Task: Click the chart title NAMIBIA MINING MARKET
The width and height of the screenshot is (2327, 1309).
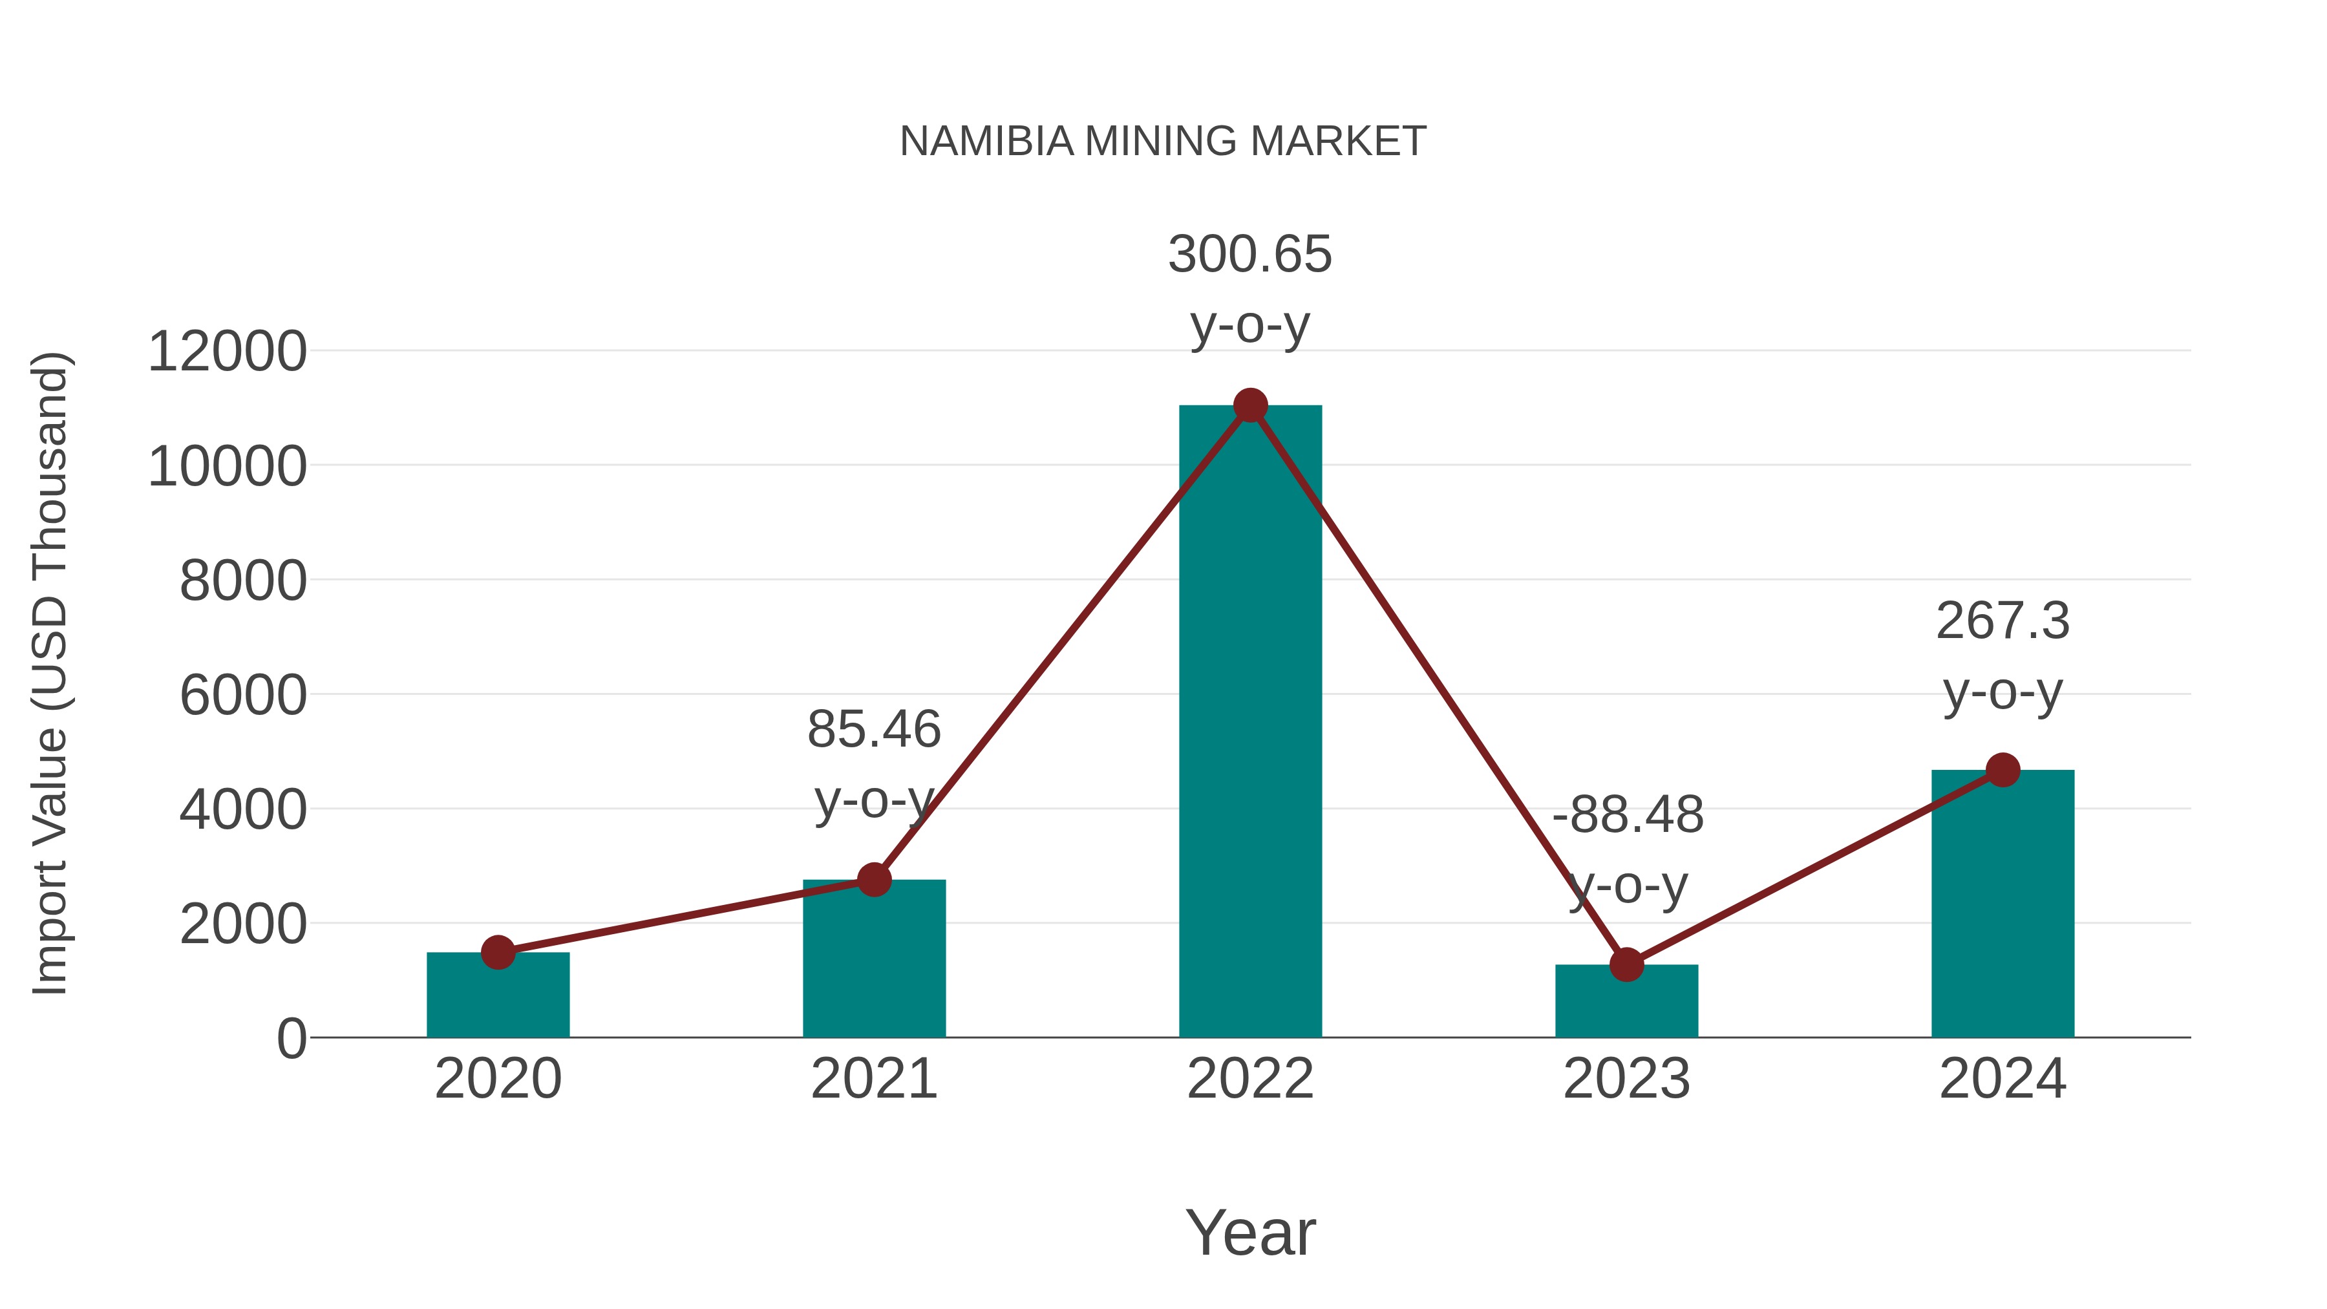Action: (1163, 142)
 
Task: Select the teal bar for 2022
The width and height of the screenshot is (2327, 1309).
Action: (1250, 723)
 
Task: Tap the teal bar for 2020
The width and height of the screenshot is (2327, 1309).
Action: (498, 995)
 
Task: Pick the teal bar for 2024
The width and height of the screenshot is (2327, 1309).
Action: (2003, 904)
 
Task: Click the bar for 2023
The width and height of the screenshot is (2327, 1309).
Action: (1626, 1002)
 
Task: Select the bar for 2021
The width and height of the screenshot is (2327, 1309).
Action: (873, 959)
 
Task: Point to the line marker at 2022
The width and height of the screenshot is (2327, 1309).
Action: (1250, 405)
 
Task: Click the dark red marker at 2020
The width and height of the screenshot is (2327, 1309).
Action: (498, 952)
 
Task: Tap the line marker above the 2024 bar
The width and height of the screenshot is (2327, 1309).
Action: (2003, 770)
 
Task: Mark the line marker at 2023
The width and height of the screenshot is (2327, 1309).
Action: (1626, 965)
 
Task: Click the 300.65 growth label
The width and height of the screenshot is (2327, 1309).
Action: (1250, 254)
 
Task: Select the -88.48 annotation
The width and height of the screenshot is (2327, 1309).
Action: (1627, 815)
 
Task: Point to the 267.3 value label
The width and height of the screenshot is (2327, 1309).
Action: (2003, 621)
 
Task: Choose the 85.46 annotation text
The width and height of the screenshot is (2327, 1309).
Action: (873, 729)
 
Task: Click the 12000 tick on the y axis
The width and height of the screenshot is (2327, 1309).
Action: (227, 352)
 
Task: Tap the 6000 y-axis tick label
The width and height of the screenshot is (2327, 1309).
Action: (243, 696)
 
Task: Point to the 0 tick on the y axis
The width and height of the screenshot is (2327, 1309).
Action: (291, 1039)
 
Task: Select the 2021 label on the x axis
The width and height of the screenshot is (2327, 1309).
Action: (873, 1079)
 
